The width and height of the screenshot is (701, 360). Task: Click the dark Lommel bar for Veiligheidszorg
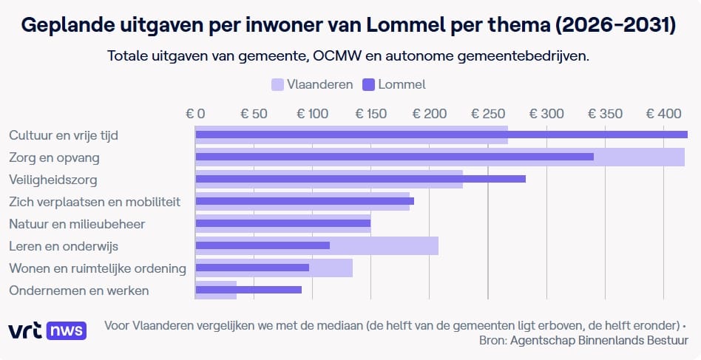(360, 179)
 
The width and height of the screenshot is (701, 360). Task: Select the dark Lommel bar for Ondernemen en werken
(248, 290)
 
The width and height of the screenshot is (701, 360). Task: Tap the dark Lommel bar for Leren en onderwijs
(263, 245)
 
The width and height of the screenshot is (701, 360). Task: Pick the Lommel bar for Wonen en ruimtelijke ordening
(252, 268)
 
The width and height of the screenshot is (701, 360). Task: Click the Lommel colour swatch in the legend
(369, 84)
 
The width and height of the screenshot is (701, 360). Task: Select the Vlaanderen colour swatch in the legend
(278, 84)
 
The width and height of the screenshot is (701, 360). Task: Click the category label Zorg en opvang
(54, 157)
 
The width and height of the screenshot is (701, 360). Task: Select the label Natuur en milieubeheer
(77, 224)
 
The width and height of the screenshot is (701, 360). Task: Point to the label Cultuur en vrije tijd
(64, 135)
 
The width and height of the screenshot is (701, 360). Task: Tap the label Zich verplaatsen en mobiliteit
(95, 202)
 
